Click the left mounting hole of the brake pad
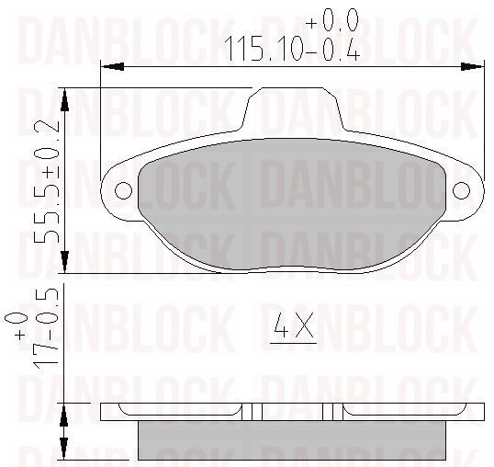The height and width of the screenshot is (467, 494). [x=123, y=190]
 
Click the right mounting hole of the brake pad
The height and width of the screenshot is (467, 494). [x=461, y=190]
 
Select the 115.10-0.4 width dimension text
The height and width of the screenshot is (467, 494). [x=293, y=49]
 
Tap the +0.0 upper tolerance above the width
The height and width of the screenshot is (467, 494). [x=332, y=19]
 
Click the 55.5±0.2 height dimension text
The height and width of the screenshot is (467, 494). [x=47, y=181]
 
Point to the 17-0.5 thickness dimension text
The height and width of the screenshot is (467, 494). [x=46, y=328]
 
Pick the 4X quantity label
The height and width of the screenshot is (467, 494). [x=294, y=325]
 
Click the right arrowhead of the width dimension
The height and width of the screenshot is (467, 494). [x=472, y=67]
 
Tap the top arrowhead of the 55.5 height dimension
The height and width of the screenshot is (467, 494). [x=64, y=99]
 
